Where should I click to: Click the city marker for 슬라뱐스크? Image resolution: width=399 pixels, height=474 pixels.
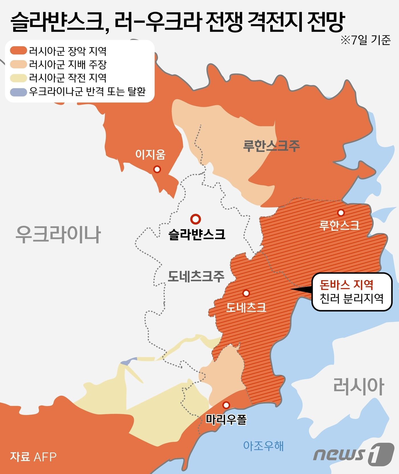(x=196, y=219)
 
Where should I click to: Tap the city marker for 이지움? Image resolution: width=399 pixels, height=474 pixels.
(x=157, y=169)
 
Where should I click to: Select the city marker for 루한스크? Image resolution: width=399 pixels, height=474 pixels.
(x=341, y=212)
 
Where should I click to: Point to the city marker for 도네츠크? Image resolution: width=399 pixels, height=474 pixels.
(x=246, y=293)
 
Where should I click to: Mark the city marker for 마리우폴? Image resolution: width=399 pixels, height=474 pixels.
(x=226, y=405)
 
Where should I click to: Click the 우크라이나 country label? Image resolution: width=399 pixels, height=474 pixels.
(x=58, y=235)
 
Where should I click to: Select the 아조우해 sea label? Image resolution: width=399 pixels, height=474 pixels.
(x=263, y=445)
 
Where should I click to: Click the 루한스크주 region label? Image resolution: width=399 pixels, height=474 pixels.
(x=271, y=146)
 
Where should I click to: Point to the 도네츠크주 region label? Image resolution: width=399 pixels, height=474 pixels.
(x=196, y=276)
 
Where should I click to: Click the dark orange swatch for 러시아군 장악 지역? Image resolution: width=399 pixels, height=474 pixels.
(x=18, y=51)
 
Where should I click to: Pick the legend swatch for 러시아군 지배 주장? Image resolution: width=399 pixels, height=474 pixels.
(x=18, y=64)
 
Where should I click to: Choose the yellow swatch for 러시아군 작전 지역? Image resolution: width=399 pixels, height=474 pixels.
(x=18, y=78)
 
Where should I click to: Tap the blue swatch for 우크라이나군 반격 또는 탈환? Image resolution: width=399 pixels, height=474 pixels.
(x=18, y=91)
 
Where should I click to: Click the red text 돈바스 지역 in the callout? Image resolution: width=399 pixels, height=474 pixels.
(x=346, y=284)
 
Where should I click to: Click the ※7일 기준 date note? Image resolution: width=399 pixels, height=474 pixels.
(x=365, y=40)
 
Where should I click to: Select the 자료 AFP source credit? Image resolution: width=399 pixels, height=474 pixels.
(x=33, y=457)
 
